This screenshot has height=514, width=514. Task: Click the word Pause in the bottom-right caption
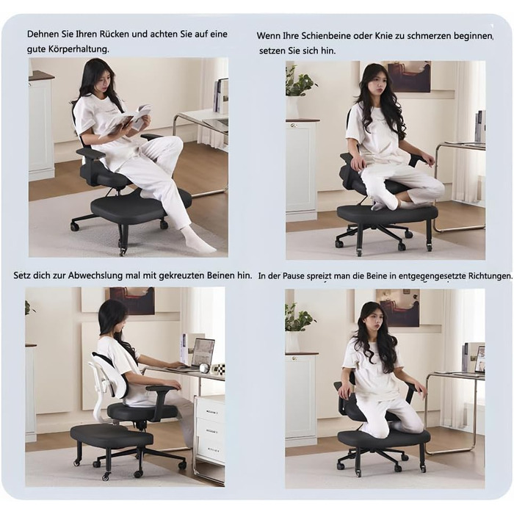294,275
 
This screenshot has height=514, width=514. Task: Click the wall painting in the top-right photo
409,76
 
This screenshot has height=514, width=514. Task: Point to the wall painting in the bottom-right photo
398,308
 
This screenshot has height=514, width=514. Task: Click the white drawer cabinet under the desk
210,430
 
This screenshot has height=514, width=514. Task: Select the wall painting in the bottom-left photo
131,300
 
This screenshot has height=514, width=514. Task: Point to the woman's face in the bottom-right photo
372,322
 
